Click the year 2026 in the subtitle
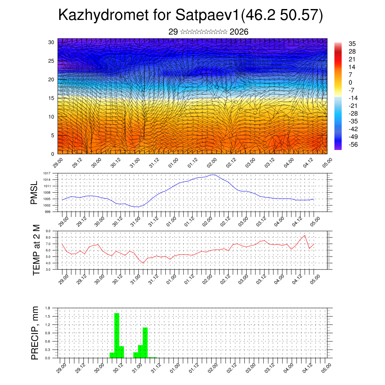click(239, 32)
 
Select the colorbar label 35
click(352, 44)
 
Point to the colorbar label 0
click(350, 82)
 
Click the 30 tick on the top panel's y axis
click(51, 42)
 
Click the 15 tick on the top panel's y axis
click(51, 98)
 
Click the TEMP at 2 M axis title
click(36, 250)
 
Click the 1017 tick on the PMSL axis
click(46, 173)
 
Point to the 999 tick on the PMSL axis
click(47, 212)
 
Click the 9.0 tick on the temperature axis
click(48, 231)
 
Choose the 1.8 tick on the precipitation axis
click(48, 308)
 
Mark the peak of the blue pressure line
click(213, 174)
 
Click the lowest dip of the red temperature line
click(143, 263)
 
